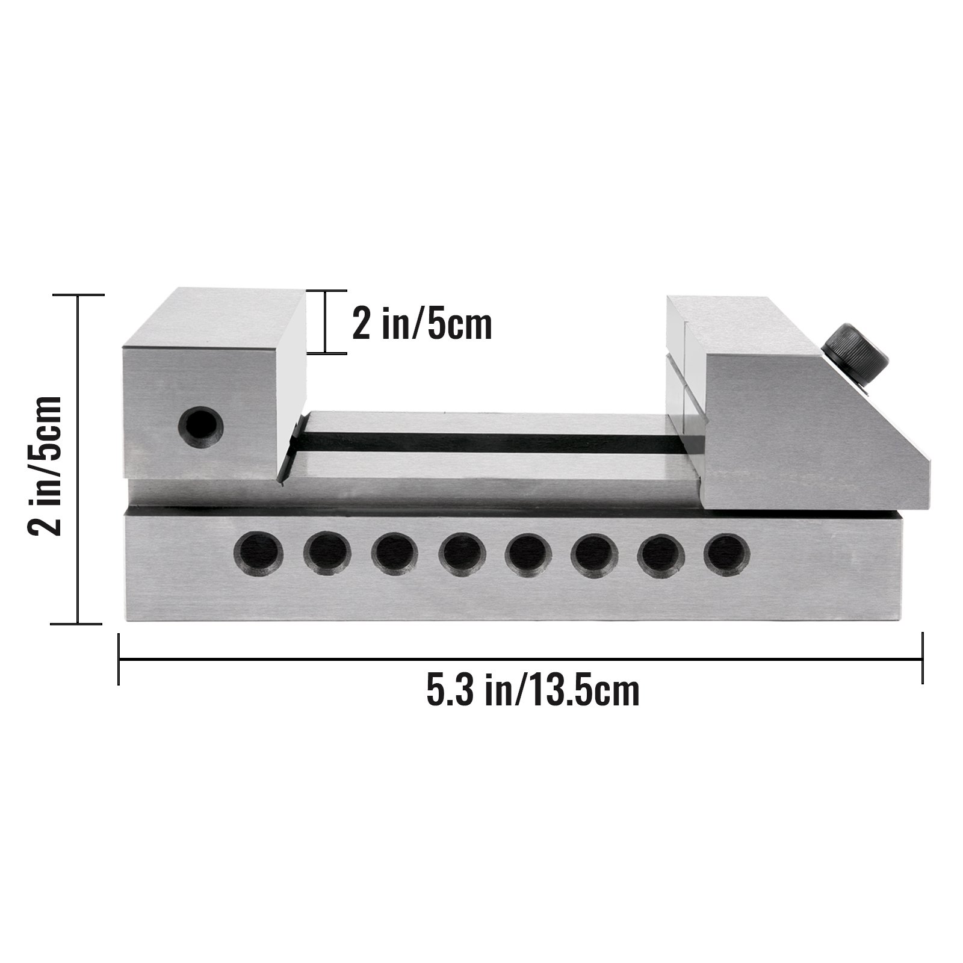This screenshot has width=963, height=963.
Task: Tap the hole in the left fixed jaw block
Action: pyautogui.click(x=200, y=427)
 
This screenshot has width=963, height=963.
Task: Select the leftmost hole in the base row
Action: pyautogui.click(x=258, y=552)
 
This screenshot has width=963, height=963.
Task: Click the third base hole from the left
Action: pyautogui.click(x=394, y=552)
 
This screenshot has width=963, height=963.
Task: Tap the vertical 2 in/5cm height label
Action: pyautogui.click(x=46, y=457)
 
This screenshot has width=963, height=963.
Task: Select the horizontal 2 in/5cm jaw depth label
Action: pyautogui.click(x=422, y=325)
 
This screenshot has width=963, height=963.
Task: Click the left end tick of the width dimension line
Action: pyautogui.click(x=119, y=659)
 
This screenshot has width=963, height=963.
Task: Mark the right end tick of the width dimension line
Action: pyautogui.click(x=922, y=659)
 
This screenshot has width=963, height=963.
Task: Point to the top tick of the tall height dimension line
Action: pyautogui.click(x=78, y=295)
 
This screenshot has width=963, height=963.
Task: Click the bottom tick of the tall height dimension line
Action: pyautogui.click(x=78, y=624)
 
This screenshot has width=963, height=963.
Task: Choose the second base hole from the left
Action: pyautogui.click(x=327, y=552)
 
